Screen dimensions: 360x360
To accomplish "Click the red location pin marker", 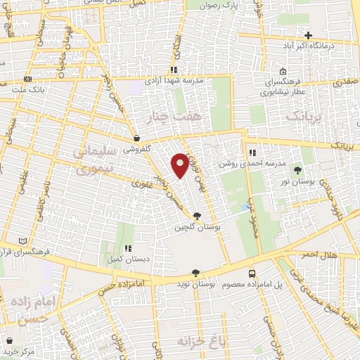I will (x=180, y=164).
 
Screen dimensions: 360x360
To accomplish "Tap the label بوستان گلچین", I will (x=195, y=226).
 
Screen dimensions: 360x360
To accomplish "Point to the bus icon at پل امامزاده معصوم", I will (x=252, y=273).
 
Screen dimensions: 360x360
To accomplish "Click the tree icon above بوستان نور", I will (x=297, y=170).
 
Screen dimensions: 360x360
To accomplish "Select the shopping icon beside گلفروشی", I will (x=136, y=139).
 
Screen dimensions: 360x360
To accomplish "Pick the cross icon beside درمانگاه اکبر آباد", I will (x=309, y=34).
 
